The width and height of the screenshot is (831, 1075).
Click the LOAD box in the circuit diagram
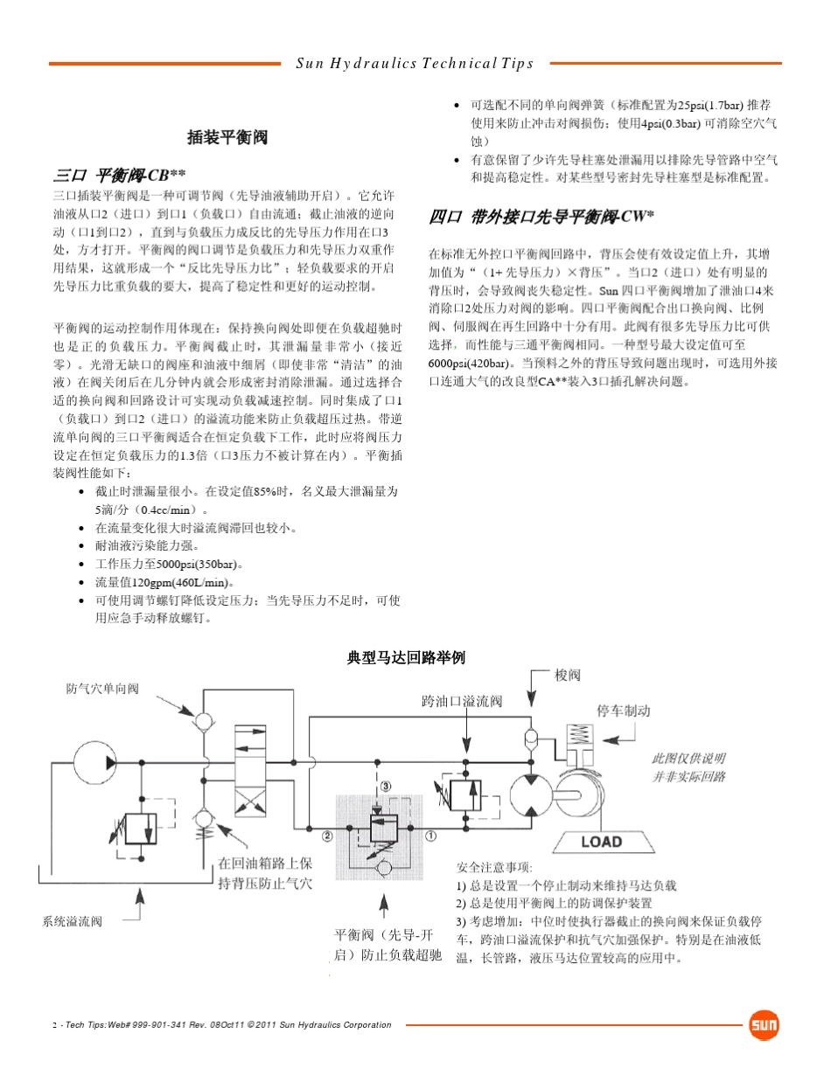pos(601,842)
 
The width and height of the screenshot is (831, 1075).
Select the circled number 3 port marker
pos(385,786)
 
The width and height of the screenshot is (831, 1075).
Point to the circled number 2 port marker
pos(325,836)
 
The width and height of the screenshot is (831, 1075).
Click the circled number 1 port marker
pos(430,836)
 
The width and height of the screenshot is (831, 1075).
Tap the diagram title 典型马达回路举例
pos(405,657)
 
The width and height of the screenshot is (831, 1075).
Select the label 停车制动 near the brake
pos(624,710)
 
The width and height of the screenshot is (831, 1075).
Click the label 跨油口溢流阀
pos(461,701)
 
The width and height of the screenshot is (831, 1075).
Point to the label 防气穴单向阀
pos(102,689)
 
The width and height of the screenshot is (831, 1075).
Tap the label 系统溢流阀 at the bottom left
pos(73,921)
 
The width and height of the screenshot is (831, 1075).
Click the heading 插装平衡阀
pos(227,138)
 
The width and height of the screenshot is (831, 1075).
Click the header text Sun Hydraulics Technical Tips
pos(415,63)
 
